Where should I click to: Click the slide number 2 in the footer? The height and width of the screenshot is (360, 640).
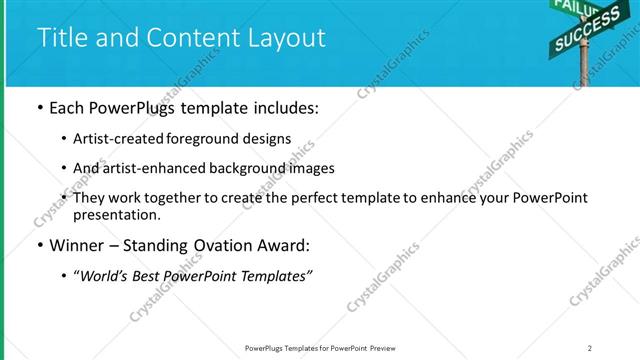click(590, 348)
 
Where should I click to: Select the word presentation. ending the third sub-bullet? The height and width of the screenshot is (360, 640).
click(116, 214)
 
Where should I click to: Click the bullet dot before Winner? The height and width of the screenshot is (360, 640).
click(39, 245)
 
